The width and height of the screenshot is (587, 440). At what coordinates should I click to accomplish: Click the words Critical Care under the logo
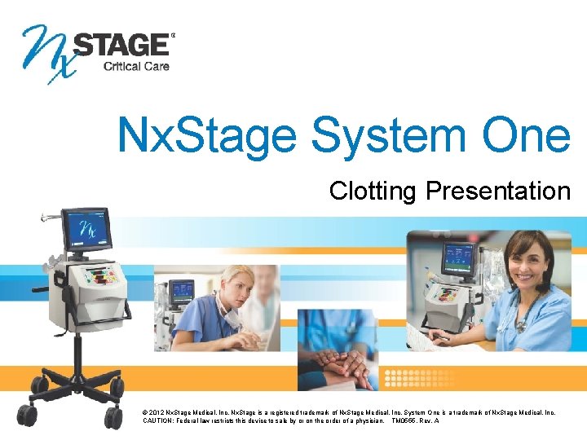[136, 66]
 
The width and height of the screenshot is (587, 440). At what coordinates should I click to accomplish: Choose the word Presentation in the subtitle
[498, 191]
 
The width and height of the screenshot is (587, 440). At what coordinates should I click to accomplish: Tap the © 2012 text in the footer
[155, 412]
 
